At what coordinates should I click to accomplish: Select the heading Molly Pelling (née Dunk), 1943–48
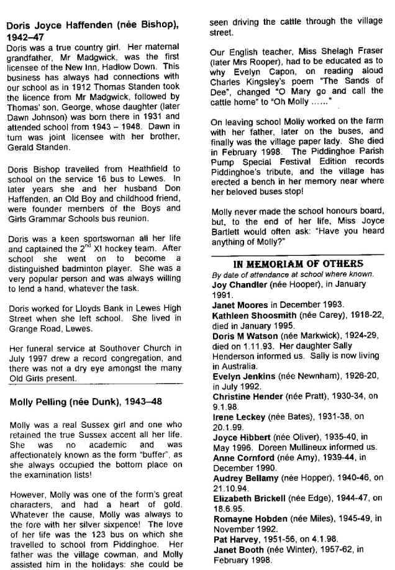[86, 402]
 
